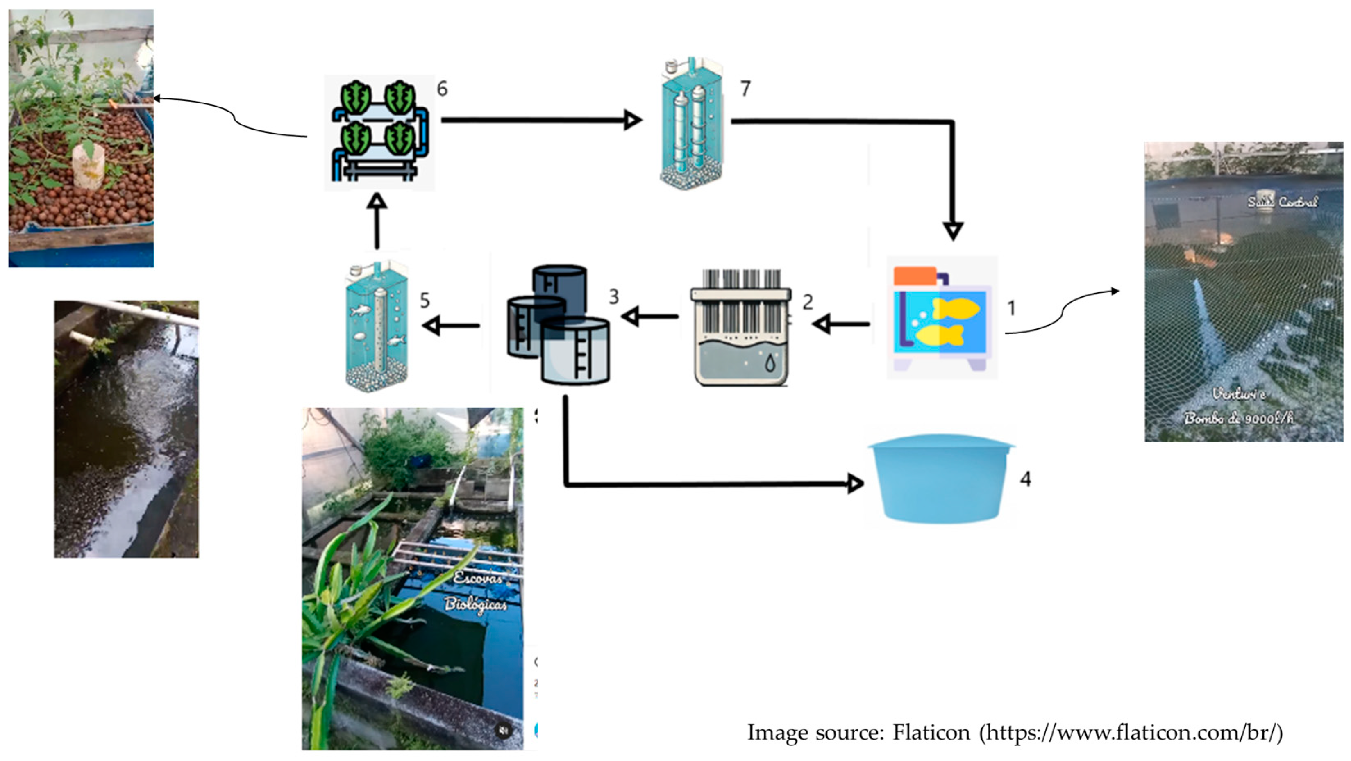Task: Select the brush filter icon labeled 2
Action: coord(741,328)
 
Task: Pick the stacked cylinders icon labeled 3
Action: coord(559,326)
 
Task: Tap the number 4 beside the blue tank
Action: coord(1025,478)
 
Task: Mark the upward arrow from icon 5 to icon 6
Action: coord(377,221)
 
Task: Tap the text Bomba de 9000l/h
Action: coord(1238,418)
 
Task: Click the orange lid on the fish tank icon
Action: coord(915,276)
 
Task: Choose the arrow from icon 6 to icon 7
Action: coord(540,120)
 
